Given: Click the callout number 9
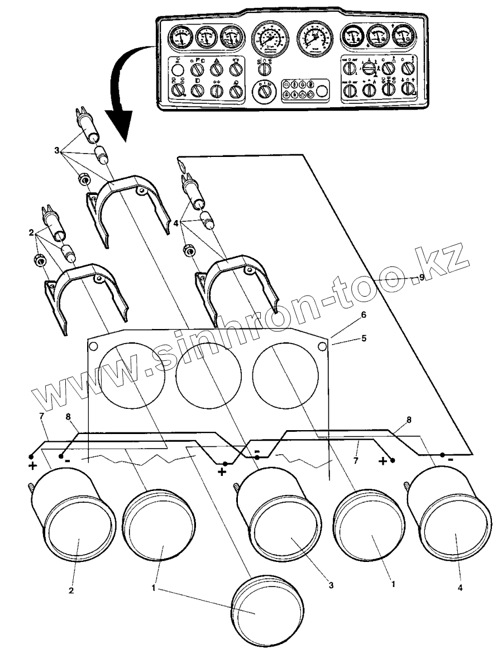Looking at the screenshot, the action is tap(422, 277).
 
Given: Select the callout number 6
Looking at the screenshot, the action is tap(364, 315).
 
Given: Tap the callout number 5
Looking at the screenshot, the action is tap(364, 338).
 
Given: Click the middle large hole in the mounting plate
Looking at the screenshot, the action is tap(208, 373).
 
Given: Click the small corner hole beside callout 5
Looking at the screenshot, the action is tap(322, 347).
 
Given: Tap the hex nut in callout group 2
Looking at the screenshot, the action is tap(40, 260).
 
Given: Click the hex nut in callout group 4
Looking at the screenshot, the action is tap(189, 249).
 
